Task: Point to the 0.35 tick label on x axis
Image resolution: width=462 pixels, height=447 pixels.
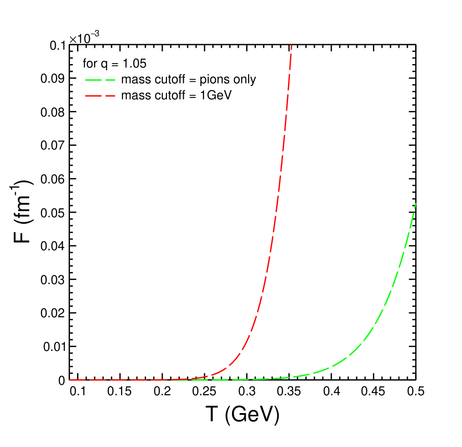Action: tap(289, 393)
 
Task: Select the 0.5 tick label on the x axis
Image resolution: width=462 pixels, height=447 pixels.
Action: tap(415, 393)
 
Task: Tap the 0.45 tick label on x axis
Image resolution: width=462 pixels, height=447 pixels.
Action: tap(373, 393)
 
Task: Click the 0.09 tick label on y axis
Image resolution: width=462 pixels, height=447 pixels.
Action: tap(53, 78)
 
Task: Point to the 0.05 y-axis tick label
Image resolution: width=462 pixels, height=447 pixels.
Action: tap(53, 213)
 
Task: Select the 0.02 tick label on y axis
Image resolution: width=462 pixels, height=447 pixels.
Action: tap(53, 313)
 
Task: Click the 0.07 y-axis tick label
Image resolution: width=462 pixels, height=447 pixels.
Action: tap(53, 145)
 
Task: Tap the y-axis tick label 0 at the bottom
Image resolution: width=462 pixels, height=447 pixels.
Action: tap(61, 380)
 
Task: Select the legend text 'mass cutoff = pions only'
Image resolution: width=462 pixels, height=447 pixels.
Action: tap(188, 79)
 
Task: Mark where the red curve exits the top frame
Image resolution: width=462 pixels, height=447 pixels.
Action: tap(291, 45)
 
